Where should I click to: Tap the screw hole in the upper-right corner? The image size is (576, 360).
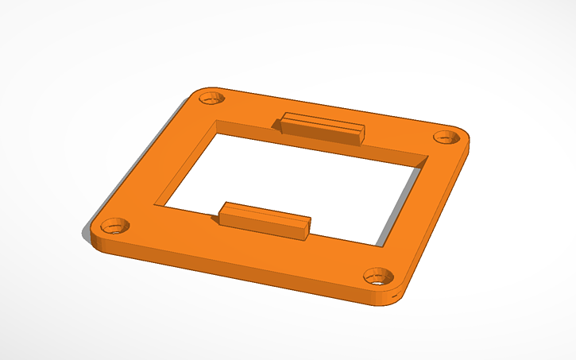click(443, 137)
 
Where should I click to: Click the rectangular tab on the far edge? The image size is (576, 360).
click(322, 128)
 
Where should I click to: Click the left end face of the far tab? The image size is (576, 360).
click(279, 124)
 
